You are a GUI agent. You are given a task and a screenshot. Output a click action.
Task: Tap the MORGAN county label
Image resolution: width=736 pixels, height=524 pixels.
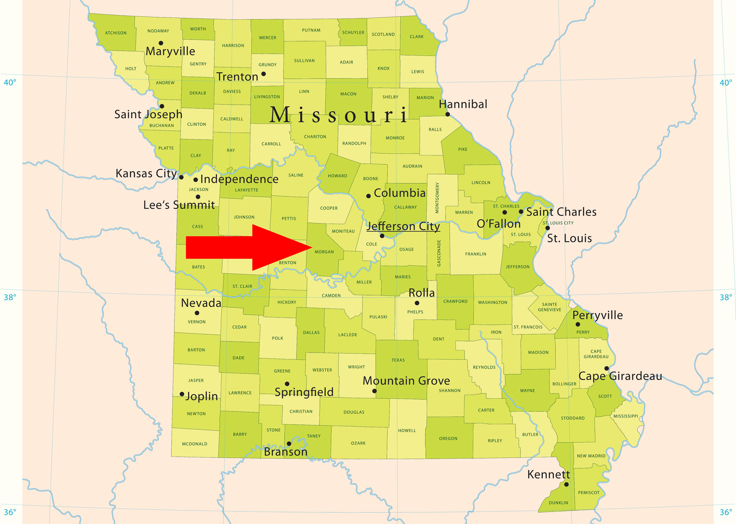[324, 252]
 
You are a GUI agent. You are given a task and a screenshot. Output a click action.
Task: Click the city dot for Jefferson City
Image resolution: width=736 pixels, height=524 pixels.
[382, 236]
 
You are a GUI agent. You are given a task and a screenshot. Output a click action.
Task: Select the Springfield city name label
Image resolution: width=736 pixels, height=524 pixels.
[304, 392]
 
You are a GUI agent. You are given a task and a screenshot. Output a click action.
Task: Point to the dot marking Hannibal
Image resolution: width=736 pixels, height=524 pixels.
[447, 114]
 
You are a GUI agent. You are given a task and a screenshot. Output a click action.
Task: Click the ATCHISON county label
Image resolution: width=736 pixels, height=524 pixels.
[116, 33]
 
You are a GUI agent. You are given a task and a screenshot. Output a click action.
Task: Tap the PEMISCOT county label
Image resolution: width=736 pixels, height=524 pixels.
[588, 493]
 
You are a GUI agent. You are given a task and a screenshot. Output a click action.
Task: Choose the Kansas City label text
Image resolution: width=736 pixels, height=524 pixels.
[146, 173]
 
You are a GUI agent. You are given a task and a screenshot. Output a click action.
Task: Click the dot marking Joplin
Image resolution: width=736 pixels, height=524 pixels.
[182, 394]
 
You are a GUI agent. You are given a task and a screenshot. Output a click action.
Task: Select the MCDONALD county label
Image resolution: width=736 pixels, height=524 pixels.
[194, 444]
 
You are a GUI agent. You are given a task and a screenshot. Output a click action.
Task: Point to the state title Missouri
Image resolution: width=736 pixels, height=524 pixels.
[339, 115]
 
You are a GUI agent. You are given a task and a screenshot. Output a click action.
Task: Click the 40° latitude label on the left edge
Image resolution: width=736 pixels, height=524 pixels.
[10, 82]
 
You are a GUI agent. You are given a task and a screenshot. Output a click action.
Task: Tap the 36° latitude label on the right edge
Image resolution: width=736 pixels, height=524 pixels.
[726, 512]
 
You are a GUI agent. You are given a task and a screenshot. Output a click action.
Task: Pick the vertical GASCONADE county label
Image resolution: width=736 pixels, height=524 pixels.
[439, 253]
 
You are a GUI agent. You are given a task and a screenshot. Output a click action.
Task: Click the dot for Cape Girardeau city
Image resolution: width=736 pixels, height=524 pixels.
[607, 368]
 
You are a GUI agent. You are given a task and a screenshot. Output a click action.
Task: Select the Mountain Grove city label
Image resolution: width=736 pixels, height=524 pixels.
[406, 381]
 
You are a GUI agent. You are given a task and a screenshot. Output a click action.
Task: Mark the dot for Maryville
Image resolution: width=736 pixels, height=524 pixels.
[161, 43]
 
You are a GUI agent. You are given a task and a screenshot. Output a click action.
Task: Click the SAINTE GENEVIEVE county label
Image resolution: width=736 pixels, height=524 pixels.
[550, 307]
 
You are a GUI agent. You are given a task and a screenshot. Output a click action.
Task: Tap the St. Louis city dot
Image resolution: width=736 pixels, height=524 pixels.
[548, 228]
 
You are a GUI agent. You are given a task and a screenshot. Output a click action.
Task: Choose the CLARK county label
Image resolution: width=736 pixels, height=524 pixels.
[416, 37]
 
